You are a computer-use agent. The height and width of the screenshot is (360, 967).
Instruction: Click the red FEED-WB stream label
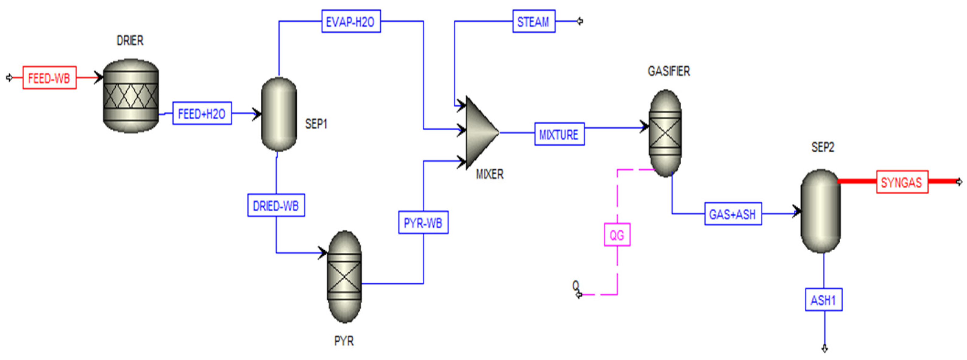[x=49, y=78]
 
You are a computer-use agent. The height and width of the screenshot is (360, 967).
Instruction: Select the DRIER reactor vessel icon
[x=131, y=96]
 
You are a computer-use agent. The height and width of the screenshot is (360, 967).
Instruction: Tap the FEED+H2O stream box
[x=202, y=113]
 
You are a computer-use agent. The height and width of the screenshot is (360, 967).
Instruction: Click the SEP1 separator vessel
[x=279, y=114]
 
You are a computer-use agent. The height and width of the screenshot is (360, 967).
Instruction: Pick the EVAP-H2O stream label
[x=351, y=21]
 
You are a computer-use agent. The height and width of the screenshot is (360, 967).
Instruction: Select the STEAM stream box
[x=533, y=21]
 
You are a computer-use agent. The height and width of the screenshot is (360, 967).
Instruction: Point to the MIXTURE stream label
[x=559, y=134]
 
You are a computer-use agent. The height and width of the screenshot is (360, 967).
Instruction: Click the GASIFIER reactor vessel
[x=665, y=133]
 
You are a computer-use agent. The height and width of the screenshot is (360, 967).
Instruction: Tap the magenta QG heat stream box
[x=617, y=235]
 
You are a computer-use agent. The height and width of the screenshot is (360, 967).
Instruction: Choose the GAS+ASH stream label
[x=733, y=214]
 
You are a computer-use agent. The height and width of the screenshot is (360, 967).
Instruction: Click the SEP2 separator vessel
[x=821, y=211]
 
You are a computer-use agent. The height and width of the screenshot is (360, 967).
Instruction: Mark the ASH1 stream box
[x=824, y=300]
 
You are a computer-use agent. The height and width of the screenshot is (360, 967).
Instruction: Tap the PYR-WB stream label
[x=423, y=223]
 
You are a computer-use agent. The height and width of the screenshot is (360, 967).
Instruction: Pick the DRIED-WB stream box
[x=276, y=205]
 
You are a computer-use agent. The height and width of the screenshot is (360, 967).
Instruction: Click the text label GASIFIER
[x=669, y=71]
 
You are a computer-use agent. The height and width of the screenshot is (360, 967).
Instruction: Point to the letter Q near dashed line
[x=575, y=286]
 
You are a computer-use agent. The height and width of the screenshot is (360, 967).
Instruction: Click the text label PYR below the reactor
[x=344, y=341]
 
